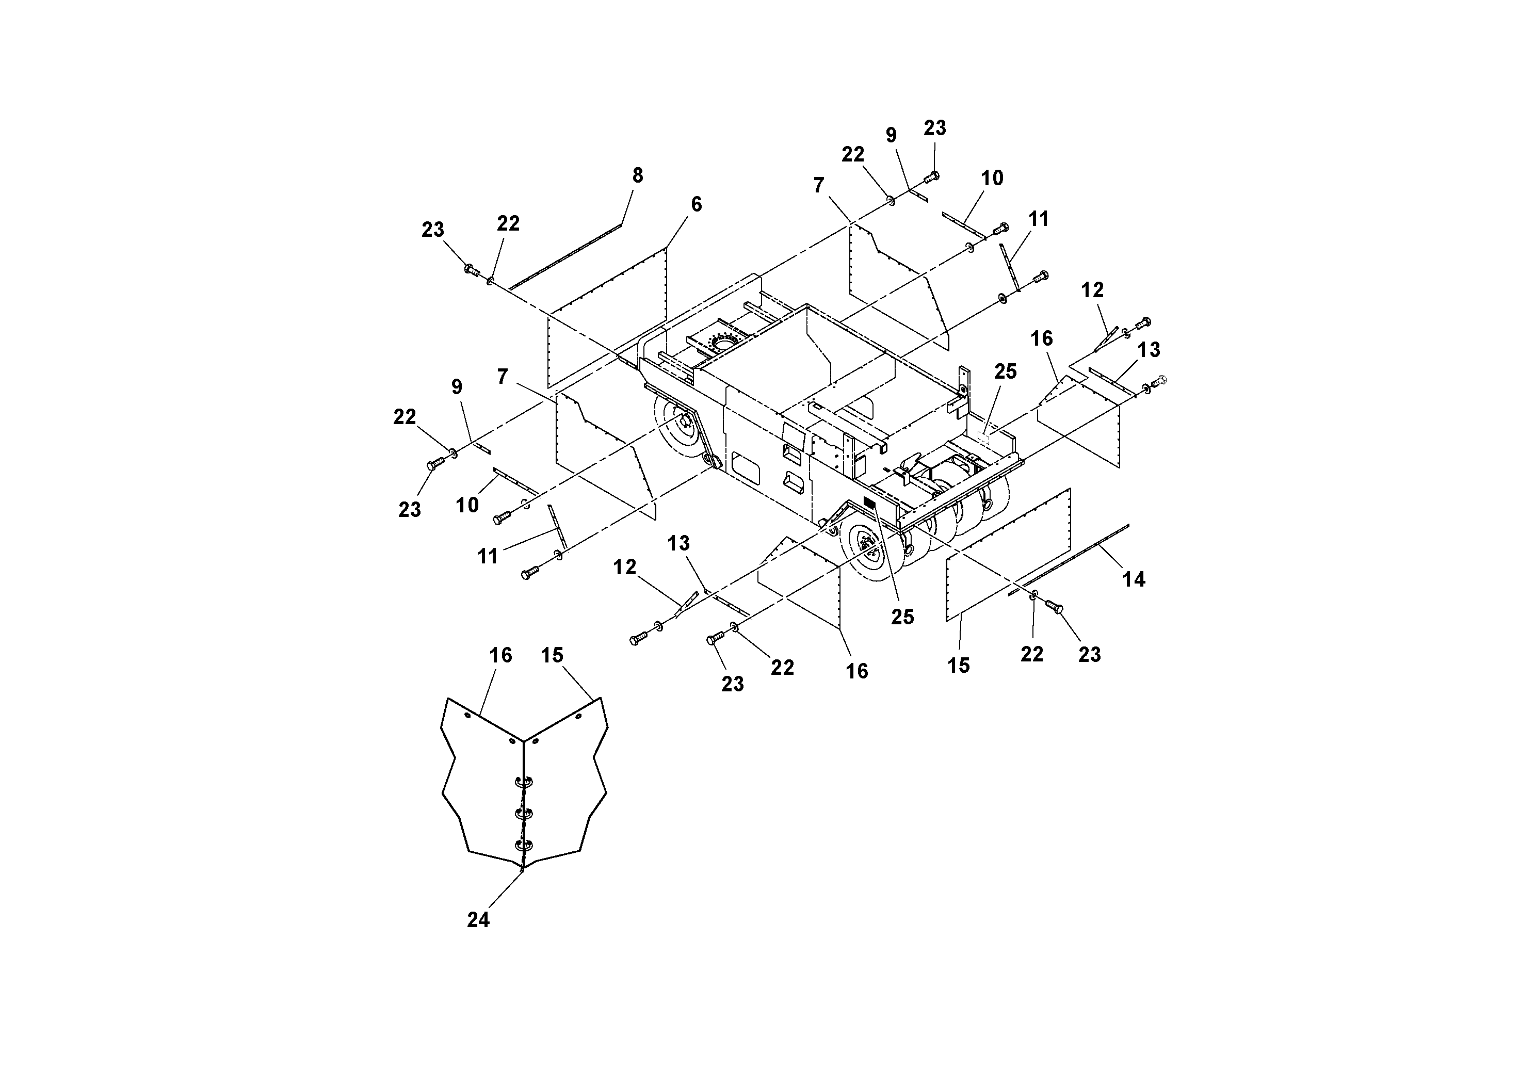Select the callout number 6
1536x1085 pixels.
coord(697,205)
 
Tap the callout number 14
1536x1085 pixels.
coord(1133,579)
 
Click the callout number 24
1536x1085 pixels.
coord(478,920)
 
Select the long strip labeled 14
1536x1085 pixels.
coord(1071,559)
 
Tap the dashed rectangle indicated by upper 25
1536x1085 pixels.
coord(983,438)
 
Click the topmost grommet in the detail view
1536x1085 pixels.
coord(523,781)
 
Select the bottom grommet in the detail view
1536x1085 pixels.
coord(523,845)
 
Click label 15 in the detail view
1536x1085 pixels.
coord(552,656)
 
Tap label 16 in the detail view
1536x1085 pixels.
coord(500,656)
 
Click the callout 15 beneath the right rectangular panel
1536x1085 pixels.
coord(958,665)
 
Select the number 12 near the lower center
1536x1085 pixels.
coord(624,567)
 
